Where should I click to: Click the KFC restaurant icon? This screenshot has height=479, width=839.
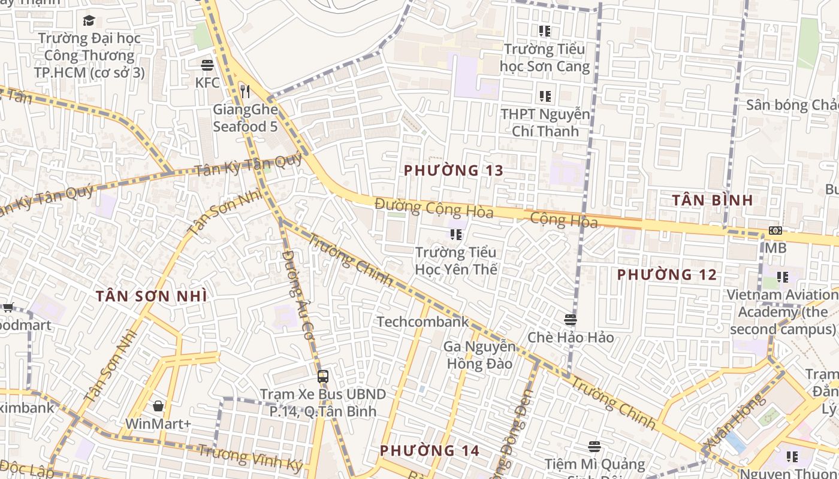207,65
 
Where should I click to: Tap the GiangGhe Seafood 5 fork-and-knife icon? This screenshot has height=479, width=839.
245,91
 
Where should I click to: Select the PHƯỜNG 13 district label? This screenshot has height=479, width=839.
453,171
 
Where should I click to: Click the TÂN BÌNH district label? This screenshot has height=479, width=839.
712,201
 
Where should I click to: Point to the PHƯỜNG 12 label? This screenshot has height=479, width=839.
667,275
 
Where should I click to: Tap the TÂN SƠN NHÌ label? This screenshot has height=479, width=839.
152,296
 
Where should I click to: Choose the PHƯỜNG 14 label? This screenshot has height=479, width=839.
430,450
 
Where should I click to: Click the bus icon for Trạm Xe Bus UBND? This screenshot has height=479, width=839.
323,377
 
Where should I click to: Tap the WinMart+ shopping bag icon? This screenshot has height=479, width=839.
158,407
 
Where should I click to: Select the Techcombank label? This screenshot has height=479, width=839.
422,322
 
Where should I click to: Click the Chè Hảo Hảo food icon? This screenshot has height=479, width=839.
570,320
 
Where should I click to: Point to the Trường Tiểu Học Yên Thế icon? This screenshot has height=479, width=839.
456,234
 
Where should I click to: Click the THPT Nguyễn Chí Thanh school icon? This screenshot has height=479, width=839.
545,96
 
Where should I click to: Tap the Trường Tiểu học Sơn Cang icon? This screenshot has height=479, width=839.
544,31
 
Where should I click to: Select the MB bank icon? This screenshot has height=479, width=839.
775,231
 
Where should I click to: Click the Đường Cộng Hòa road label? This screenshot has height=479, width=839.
434,208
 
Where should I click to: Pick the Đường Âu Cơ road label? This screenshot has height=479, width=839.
297,296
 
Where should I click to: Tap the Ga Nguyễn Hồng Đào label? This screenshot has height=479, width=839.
479,355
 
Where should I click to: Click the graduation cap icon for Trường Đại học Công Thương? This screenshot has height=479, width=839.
89,21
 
